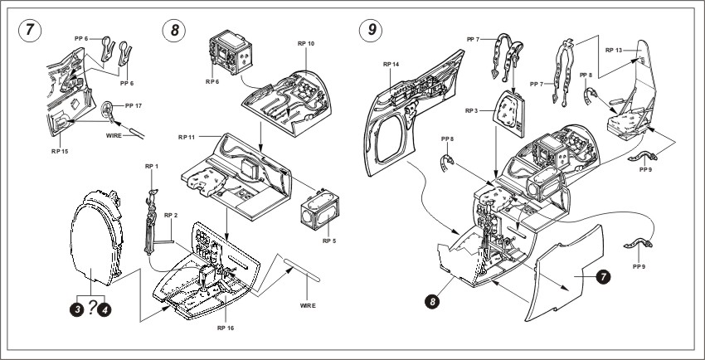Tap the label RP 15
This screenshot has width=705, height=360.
[x=61, y=151]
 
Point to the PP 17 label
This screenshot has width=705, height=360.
[x=133, y=105]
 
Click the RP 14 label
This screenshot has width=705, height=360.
[x=392, y=64]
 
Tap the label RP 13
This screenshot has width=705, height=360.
[x=615, y=51]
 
